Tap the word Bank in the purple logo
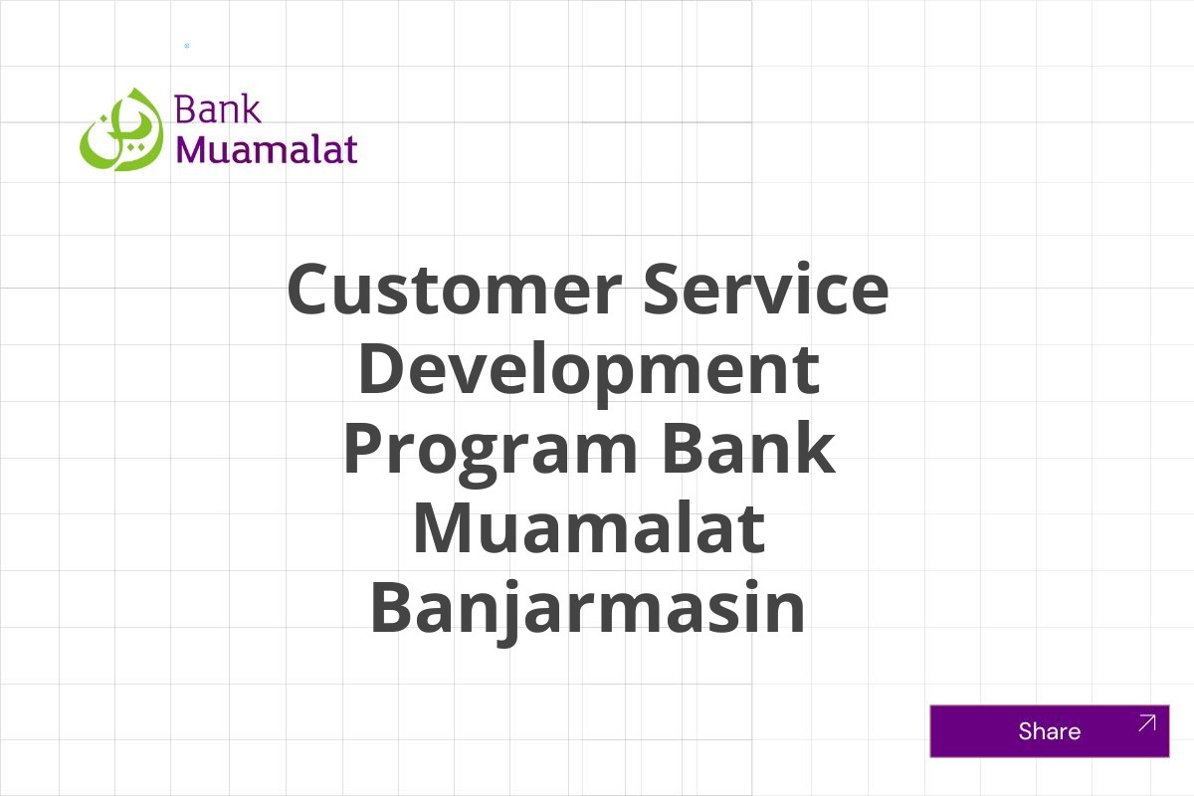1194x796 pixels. click(x=218, y=109)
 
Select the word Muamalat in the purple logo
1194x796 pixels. click(x=267, y=149)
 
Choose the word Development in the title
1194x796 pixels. click(x=588, y=369)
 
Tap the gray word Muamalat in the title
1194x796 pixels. click(x=588, y=528)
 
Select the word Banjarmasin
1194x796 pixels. click(x=588, y=609)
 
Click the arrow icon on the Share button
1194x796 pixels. click(x=1146, y=723)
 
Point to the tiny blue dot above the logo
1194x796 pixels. click(x=186, y=46)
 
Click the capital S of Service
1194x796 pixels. click(x=667, y=291)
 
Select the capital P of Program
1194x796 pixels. click(x=366, y=448)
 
